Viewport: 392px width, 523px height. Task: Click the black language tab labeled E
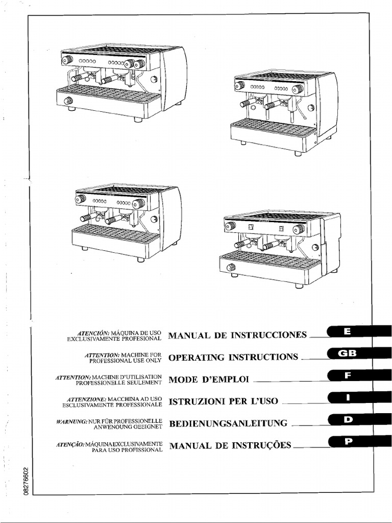point(348,332)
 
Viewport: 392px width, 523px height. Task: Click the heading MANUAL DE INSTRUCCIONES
point(237,336)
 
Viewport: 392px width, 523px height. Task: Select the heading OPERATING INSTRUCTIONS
point(233,358)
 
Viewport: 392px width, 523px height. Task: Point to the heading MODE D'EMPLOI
point(208,379)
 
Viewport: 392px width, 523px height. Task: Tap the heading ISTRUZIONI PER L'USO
point(223,401)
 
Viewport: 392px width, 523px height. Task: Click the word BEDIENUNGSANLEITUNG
point(228,423)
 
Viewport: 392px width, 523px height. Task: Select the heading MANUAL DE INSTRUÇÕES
point(230,446)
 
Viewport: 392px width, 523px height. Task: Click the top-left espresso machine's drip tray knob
point(68,101)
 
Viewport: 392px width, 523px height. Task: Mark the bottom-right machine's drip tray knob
point(231,267)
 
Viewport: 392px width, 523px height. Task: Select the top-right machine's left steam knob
point(239,86)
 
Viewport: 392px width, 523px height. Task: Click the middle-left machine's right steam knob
point(138,203)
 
